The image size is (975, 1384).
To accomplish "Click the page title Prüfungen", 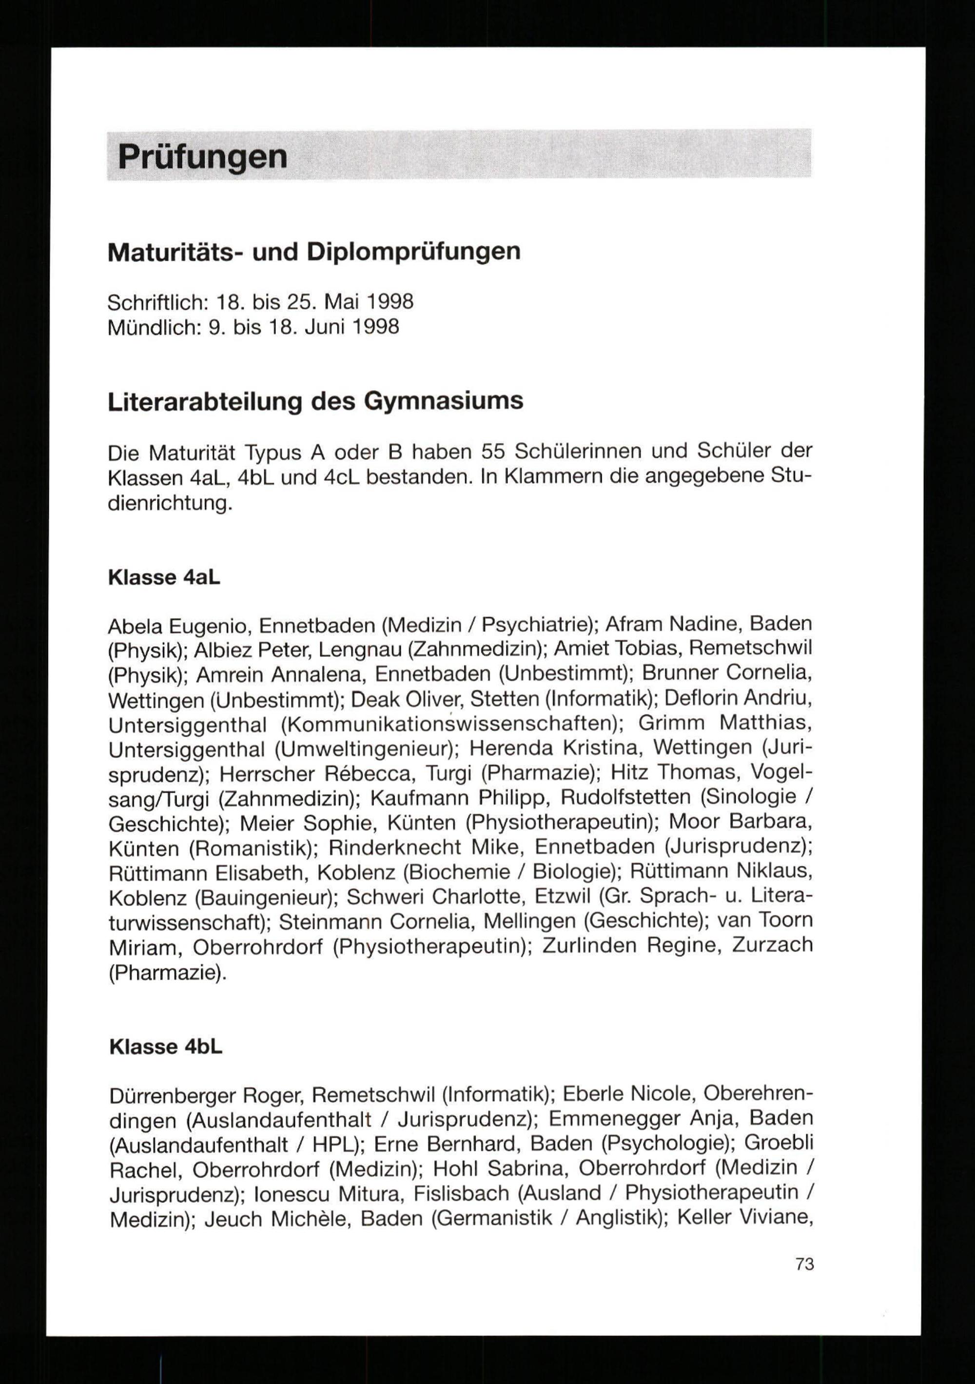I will coord(202,157).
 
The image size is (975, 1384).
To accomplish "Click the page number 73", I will coord(804,1264).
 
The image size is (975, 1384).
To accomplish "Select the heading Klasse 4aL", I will coord(164,577).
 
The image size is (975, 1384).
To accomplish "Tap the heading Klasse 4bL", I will coord(166,1047).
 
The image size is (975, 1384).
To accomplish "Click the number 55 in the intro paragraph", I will coord(493,452).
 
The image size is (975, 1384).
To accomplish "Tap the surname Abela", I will coord(136,626).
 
